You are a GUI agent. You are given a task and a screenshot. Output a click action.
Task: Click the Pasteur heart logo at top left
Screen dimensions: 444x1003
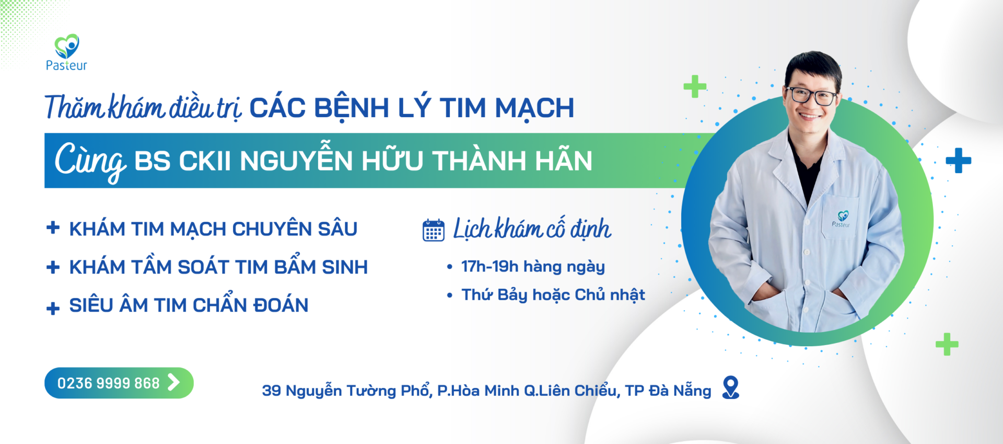[67, 47]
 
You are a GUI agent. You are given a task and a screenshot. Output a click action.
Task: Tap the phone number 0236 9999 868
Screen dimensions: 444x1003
[108, 383]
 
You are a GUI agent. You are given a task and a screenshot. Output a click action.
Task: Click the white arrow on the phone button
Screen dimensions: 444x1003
[173, 382]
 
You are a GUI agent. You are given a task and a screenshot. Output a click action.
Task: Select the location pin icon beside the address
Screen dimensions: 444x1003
[730, 388]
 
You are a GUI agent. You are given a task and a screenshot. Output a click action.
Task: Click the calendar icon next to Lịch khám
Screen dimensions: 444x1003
[433, 230]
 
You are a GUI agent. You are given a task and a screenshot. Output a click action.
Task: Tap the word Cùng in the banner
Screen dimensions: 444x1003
[89, 160]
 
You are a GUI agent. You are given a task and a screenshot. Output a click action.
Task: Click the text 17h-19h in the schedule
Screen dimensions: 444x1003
[489, 267]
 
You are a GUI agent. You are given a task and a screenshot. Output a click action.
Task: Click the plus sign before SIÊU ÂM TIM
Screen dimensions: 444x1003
[53, 308]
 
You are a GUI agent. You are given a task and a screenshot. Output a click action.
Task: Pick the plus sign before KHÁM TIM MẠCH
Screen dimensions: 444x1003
[53, 228]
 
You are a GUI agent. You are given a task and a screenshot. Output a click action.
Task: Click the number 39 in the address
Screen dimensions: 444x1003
[271, 391]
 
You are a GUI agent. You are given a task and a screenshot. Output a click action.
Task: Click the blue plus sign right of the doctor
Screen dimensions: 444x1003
[958, 161]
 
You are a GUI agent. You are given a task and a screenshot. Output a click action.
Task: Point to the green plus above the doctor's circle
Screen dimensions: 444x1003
[695, 87]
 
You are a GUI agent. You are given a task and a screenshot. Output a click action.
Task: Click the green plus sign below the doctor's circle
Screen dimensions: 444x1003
[947, 344]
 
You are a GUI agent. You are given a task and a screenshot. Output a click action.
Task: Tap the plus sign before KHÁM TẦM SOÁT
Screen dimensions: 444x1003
[53, 267]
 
